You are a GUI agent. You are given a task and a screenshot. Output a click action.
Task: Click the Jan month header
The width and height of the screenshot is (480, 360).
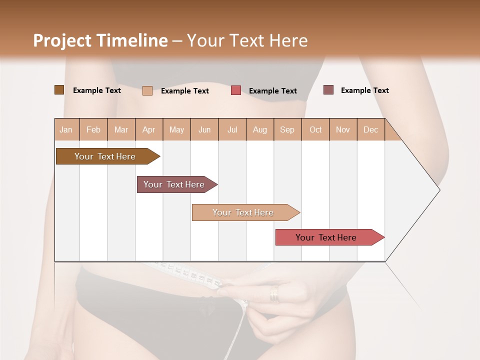click(66, 129)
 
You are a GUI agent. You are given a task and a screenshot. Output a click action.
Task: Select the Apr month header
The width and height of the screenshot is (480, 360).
click(148, 129)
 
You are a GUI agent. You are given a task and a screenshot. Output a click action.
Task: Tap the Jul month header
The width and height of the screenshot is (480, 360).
click(232, 129)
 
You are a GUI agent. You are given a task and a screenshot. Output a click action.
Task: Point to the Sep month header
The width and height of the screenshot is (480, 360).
click(287, 129)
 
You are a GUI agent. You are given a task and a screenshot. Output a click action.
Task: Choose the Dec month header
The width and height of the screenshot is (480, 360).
click(370, 129)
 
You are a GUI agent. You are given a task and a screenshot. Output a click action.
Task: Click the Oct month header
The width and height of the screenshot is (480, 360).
click(315, 129)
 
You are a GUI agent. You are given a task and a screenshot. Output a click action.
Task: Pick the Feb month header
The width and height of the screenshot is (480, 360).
click(93, 129)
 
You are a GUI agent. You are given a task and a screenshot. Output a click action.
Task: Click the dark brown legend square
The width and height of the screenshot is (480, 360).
click(59, 90)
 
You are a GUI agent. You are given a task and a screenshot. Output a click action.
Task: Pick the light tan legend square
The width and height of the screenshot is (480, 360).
click(147, 90)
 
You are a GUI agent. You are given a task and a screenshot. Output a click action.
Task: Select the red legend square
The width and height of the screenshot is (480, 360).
click(236, 90)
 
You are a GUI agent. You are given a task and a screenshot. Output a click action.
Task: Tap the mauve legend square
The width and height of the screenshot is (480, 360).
click(328, 90)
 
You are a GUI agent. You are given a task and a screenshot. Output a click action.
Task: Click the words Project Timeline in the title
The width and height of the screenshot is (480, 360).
click(100, 40)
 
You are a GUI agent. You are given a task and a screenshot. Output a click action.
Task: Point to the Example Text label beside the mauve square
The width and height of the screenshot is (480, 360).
click(364, 90)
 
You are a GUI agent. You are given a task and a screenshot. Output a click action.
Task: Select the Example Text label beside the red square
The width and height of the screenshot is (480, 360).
click(272, 91)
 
